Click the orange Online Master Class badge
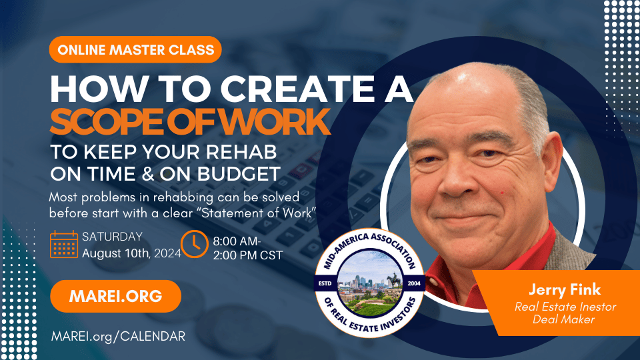[135, 49]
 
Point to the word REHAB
[241, 152]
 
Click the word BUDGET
[239, 174]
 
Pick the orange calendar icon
[64, 244]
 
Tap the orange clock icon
[194, 244]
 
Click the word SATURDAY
[112, 237]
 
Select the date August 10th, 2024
[131, 253]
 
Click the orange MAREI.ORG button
[115, 296]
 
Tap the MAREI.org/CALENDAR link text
[119, 336]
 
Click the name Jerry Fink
[565, 289]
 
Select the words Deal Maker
[564, 319]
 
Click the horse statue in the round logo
[393, 281]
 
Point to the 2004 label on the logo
[414, 283]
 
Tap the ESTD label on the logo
[325, 283]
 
